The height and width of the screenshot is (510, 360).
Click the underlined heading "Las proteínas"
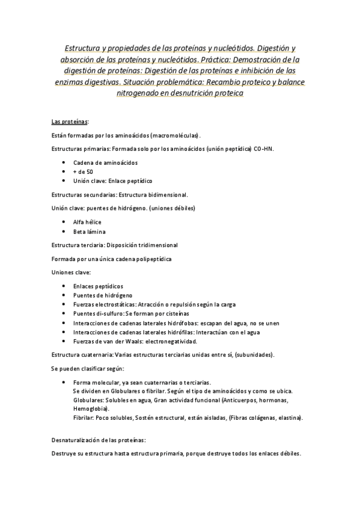pos(69,121)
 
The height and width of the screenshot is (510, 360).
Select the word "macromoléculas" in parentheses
pos(174,135)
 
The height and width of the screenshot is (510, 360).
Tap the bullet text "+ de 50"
pos(83,171)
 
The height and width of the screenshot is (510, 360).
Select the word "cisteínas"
pos(174,313)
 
